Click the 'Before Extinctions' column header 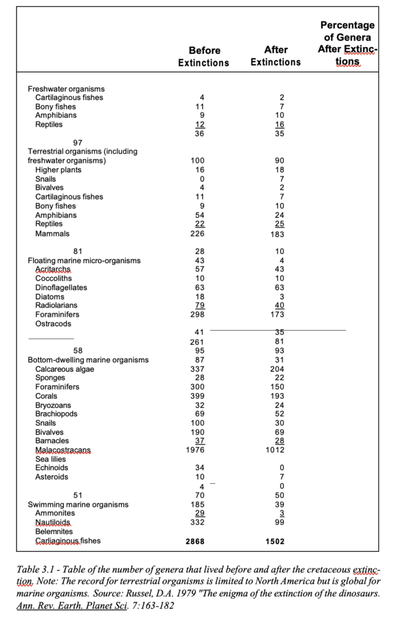204,56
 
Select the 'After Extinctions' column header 276,56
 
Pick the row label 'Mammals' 52,234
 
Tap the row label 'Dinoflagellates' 61,288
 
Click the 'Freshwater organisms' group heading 66,89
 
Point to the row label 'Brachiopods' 56,414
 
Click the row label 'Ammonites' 55,513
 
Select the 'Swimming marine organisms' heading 78,504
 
